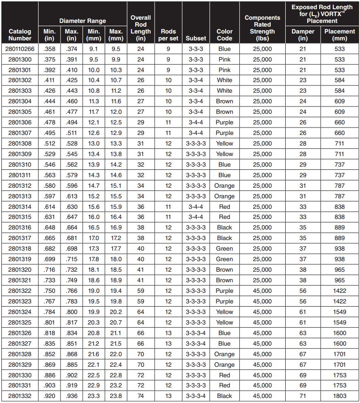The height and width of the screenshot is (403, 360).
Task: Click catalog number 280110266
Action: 20,49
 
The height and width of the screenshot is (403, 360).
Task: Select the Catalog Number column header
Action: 20,35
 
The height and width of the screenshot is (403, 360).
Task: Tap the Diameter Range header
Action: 83,21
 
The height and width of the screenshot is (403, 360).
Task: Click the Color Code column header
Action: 224,35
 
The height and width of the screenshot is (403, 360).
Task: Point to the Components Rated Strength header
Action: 262,28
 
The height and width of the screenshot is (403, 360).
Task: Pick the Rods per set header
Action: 168,35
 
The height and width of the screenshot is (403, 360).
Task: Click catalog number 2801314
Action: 20,207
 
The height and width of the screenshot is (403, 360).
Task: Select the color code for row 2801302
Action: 224,80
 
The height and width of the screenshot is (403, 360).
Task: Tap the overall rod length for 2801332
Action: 141,396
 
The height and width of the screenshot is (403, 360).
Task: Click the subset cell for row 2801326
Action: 196,333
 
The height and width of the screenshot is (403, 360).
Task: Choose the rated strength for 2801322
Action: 262,291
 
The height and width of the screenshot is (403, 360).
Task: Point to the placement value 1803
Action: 339,396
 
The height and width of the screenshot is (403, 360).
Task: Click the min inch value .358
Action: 50,49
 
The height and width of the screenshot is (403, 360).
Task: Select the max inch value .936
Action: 72,396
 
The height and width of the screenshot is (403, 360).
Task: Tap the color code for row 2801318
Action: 224,249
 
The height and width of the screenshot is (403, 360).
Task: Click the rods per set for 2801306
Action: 168,123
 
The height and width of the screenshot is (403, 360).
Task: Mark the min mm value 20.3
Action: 94,322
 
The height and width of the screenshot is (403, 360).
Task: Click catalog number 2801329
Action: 20,364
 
